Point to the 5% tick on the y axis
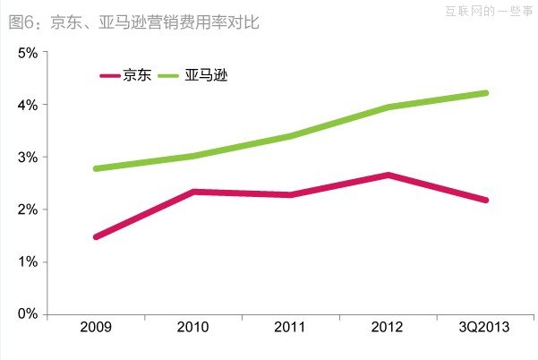[28, 53]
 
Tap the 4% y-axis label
[28, 105]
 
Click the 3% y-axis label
[28, 158]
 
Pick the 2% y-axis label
[28, 210]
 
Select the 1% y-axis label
[28, 262]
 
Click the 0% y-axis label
[28, 314]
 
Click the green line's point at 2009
[96, 168]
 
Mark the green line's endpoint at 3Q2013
[485, 93]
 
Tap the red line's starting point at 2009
[96, 237]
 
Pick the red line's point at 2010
[193, 192]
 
